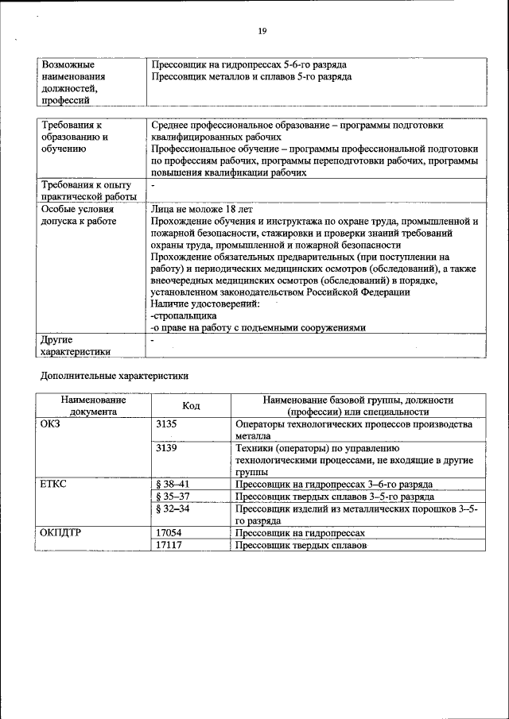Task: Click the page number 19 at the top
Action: pyautogui.click(x=262, y=31)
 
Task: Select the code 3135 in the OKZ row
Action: pyautogui.click(x=167, y=424)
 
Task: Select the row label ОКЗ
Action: pyautogui.click(x=51, y=424)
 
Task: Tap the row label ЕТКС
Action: pyautogui.click(x=54, y=484)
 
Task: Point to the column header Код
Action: pyautogui.click(x=191, y=406)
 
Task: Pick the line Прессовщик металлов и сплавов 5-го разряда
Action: pyautogui.click(x=251, y=76)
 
